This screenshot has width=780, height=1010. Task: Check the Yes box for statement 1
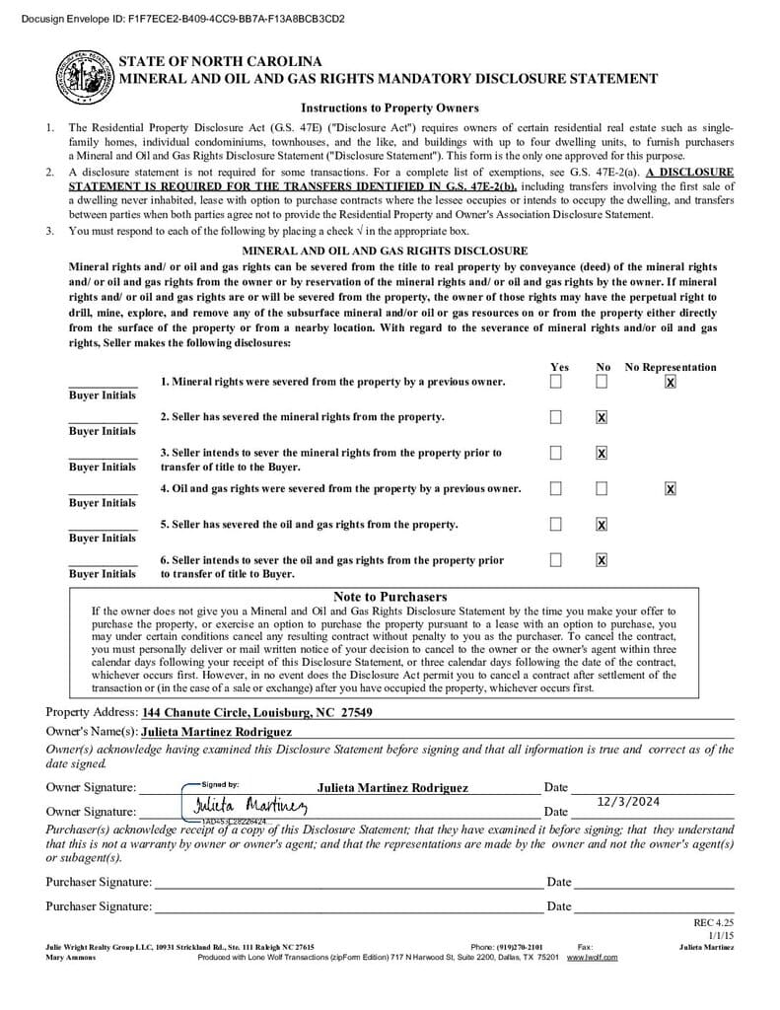(556, 382)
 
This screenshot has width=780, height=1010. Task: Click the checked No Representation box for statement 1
(671, 382)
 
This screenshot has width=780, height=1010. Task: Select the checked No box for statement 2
(602, 417)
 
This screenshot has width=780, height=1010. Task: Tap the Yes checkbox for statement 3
(556, 453)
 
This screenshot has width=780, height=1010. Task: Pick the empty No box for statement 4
(602, 488)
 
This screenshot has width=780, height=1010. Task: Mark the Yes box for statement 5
(556, 524)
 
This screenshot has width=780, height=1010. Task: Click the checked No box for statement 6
(602, 560)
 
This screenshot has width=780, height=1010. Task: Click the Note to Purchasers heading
(390, 597)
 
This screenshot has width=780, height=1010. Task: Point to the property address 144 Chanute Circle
(257, 712)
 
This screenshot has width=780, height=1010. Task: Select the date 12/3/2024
(628, 802)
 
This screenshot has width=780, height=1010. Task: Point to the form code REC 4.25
(714, 922)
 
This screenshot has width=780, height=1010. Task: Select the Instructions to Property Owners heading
(390, 108)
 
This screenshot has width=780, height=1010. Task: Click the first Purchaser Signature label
(99, 882)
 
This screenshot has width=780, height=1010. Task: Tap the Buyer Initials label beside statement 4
(103, 503)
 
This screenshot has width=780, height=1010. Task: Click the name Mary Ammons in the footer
(71, 957)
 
